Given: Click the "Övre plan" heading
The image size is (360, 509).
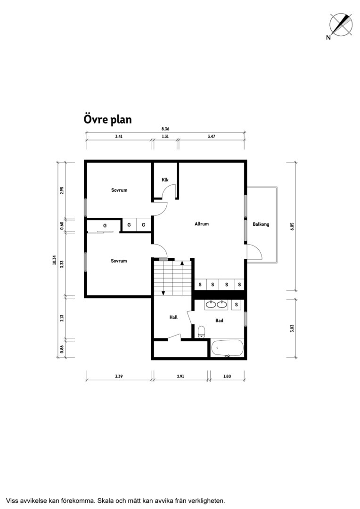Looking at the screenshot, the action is pos(108,119).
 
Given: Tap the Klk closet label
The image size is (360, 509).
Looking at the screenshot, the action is pos(165,180).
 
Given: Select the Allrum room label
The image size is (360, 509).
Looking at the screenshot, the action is pos(202,224).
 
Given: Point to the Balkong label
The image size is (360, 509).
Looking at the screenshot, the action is pos(261,224).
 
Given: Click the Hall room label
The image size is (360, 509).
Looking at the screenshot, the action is pos(173,317).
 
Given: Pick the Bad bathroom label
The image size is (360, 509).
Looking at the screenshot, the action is pos(220,320).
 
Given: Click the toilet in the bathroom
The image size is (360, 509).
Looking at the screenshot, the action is pos(202,331).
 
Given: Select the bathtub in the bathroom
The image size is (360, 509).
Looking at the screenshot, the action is pos(227,349).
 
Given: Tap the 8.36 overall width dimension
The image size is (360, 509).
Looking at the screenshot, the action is pos(165,129).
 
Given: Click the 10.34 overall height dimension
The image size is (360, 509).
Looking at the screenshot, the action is pos(54,260).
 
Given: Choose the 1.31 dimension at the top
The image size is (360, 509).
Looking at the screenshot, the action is pos(165,136).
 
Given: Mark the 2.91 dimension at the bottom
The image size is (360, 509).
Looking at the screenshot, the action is pos(180,376).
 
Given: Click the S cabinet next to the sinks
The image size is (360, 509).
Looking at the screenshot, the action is pos(237,304).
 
